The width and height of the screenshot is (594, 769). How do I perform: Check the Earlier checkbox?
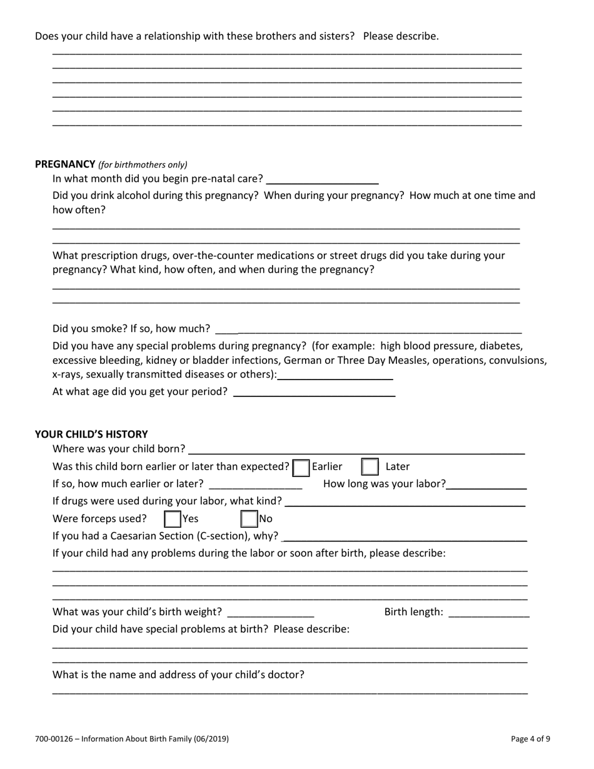301,467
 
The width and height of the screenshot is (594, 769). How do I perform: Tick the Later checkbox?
370,467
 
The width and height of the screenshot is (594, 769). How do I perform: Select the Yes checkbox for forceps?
172,519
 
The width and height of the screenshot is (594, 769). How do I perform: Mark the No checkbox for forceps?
249,519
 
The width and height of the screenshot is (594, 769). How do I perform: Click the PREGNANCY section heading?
64,164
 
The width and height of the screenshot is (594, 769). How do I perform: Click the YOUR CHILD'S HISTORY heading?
91,434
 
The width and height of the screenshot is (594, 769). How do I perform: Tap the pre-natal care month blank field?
322,179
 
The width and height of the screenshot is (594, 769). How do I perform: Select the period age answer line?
314,393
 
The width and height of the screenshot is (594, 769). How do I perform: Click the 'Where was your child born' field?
356,449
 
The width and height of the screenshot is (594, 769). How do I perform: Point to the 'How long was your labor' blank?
487,485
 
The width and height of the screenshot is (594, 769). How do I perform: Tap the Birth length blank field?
489,612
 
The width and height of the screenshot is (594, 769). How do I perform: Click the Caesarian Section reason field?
405,536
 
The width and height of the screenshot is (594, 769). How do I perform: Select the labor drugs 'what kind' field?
406,501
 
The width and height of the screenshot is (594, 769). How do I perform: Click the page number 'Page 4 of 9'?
530,739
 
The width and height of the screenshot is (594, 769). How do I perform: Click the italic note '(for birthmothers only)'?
143,165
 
